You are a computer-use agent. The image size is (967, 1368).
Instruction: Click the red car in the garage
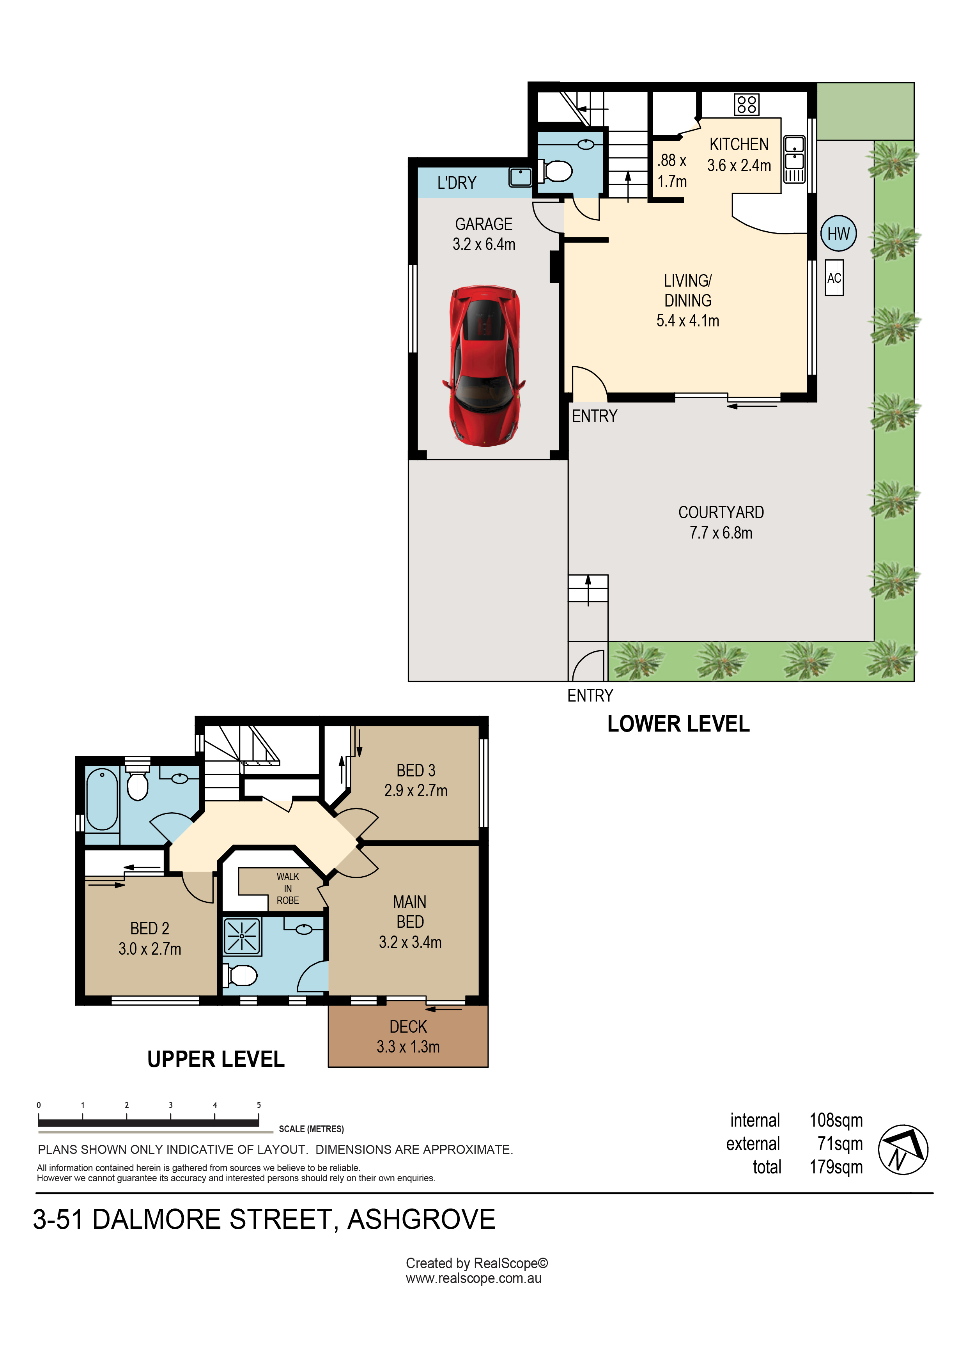[x=484, y=365]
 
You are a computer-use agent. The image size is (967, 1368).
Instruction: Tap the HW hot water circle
[x=838, y=234]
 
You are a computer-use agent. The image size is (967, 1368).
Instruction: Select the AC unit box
[x=834, y=278]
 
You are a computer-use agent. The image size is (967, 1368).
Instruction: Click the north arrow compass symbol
[x=903, y=1149]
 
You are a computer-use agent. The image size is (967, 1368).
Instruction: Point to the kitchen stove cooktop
[x=747, y=104]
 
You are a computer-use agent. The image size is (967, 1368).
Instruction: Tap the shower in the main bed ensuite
[x=242, y=936]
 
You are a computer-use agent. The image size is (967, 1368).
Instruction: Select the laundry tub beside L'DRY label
[x=520, y=177]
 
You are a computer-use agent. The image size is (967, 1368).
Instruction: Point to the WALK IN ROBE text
[x=288, y=888]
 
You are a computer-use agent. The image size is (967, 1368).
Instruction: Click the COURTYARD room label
[x=721, y=512]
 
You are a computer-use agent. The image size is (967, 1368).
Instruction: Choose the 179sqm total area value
[x=836, y=1167]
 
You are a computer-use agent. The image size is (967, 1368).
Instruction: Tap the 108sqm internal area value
[x=836, y=1120]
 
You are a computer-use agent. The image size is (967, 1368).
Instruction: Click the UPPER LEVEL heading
[x=216, y=1059]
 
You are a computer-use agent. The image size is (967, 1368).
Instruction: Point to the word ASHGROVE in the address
[x=421, y=1219]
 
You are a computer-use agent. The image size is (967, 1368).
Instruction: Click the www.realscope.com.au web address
[x=474, y=1278]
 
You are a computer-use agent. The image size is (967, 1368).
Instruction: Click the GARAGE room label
[x=484, y=224]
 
